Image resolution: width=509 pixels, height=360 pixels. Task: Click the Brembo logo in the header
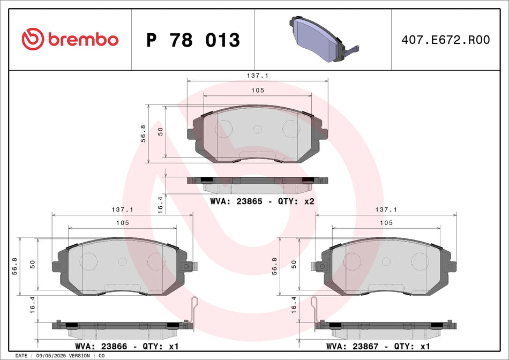pos(70,39)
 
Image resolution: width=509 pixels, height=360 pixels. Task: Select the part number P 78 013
pos(193,40)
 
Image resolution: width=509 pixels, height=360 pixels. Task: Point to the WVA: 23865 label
pos(244,202)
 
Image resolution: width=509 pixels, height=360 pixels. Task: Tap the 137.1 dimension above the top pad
pos(258,77)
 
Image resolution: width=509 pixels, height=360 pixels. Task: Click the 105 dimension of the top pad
pos(258,91)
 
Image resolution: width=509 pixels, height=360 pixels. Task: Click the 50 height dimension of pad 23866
pos(33,264)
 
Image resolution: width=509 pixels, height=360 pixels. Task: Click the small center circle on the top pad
pos(257,129)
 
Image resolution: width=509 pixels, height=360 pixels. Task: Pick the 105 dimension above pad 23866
pos(122,223)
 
